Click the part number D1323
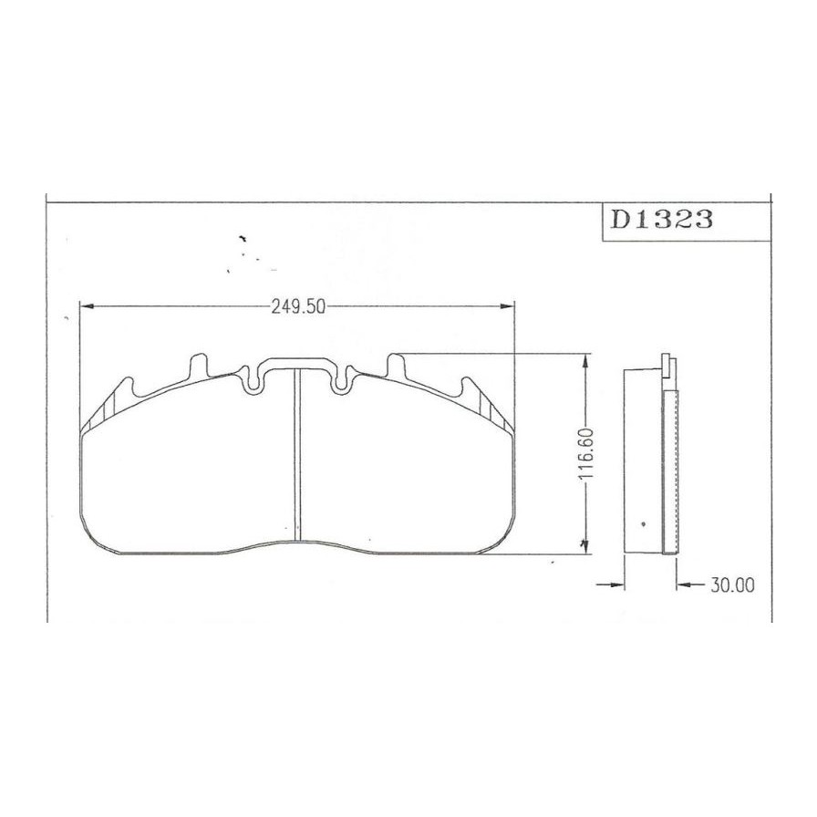click(661, 220)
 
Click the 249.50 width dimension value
click(298, 307)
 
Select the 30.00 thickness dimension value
click(732, 585)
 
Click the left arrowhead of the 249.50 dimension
click(86, 306)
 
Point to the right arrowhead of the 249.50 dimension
click(507, 306)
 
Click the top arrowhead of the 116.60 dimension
click(585, 361)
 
